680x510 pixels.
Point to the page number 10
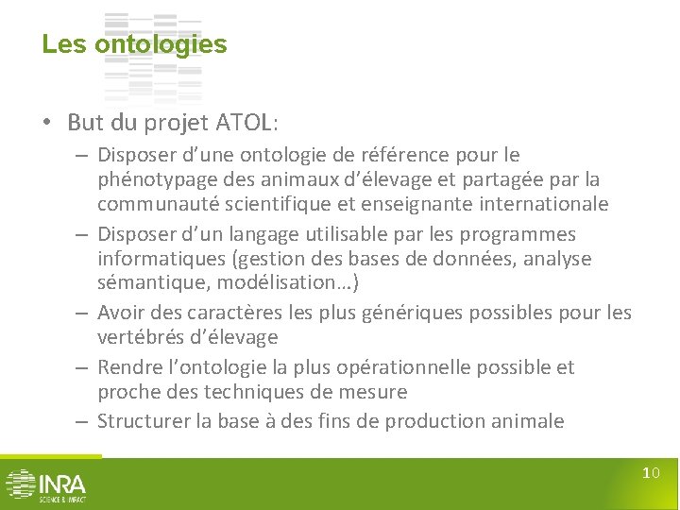click(x=651, y=473)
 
